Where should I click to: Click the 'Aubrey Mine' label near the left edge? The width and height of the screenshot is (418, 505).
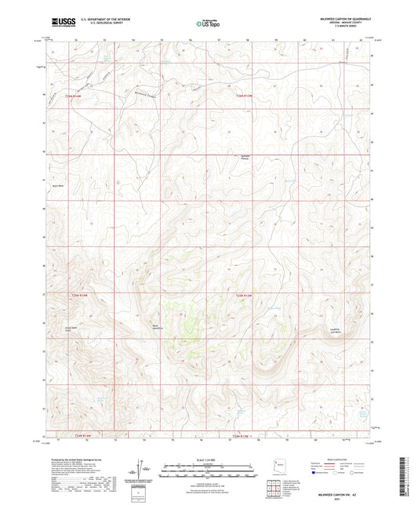coord(57,185)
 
